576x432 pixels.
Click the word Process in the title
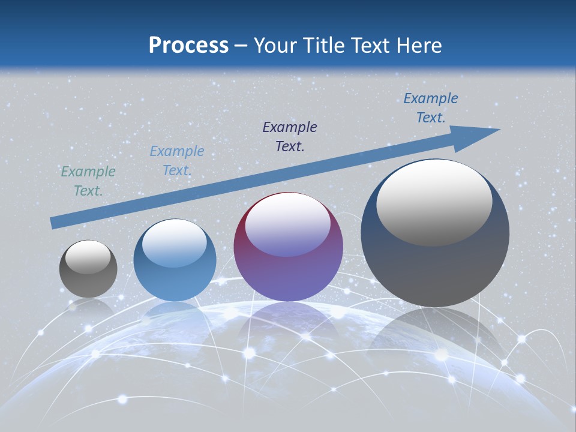click(x=188, y=46)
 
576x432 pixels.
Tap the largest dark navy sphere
click(x=435, y=264)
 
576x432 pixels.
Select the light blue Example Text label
click(x=176, y=161)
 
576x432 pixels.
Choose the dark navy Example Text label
click(x=290, y=136)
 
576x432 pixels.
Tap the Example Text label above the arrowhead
click(x=431, y=108)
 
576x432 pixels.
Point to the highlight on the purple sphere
click(x=288, y=225)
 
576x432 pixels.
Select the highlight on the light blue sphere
click(x=175, y=243)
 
